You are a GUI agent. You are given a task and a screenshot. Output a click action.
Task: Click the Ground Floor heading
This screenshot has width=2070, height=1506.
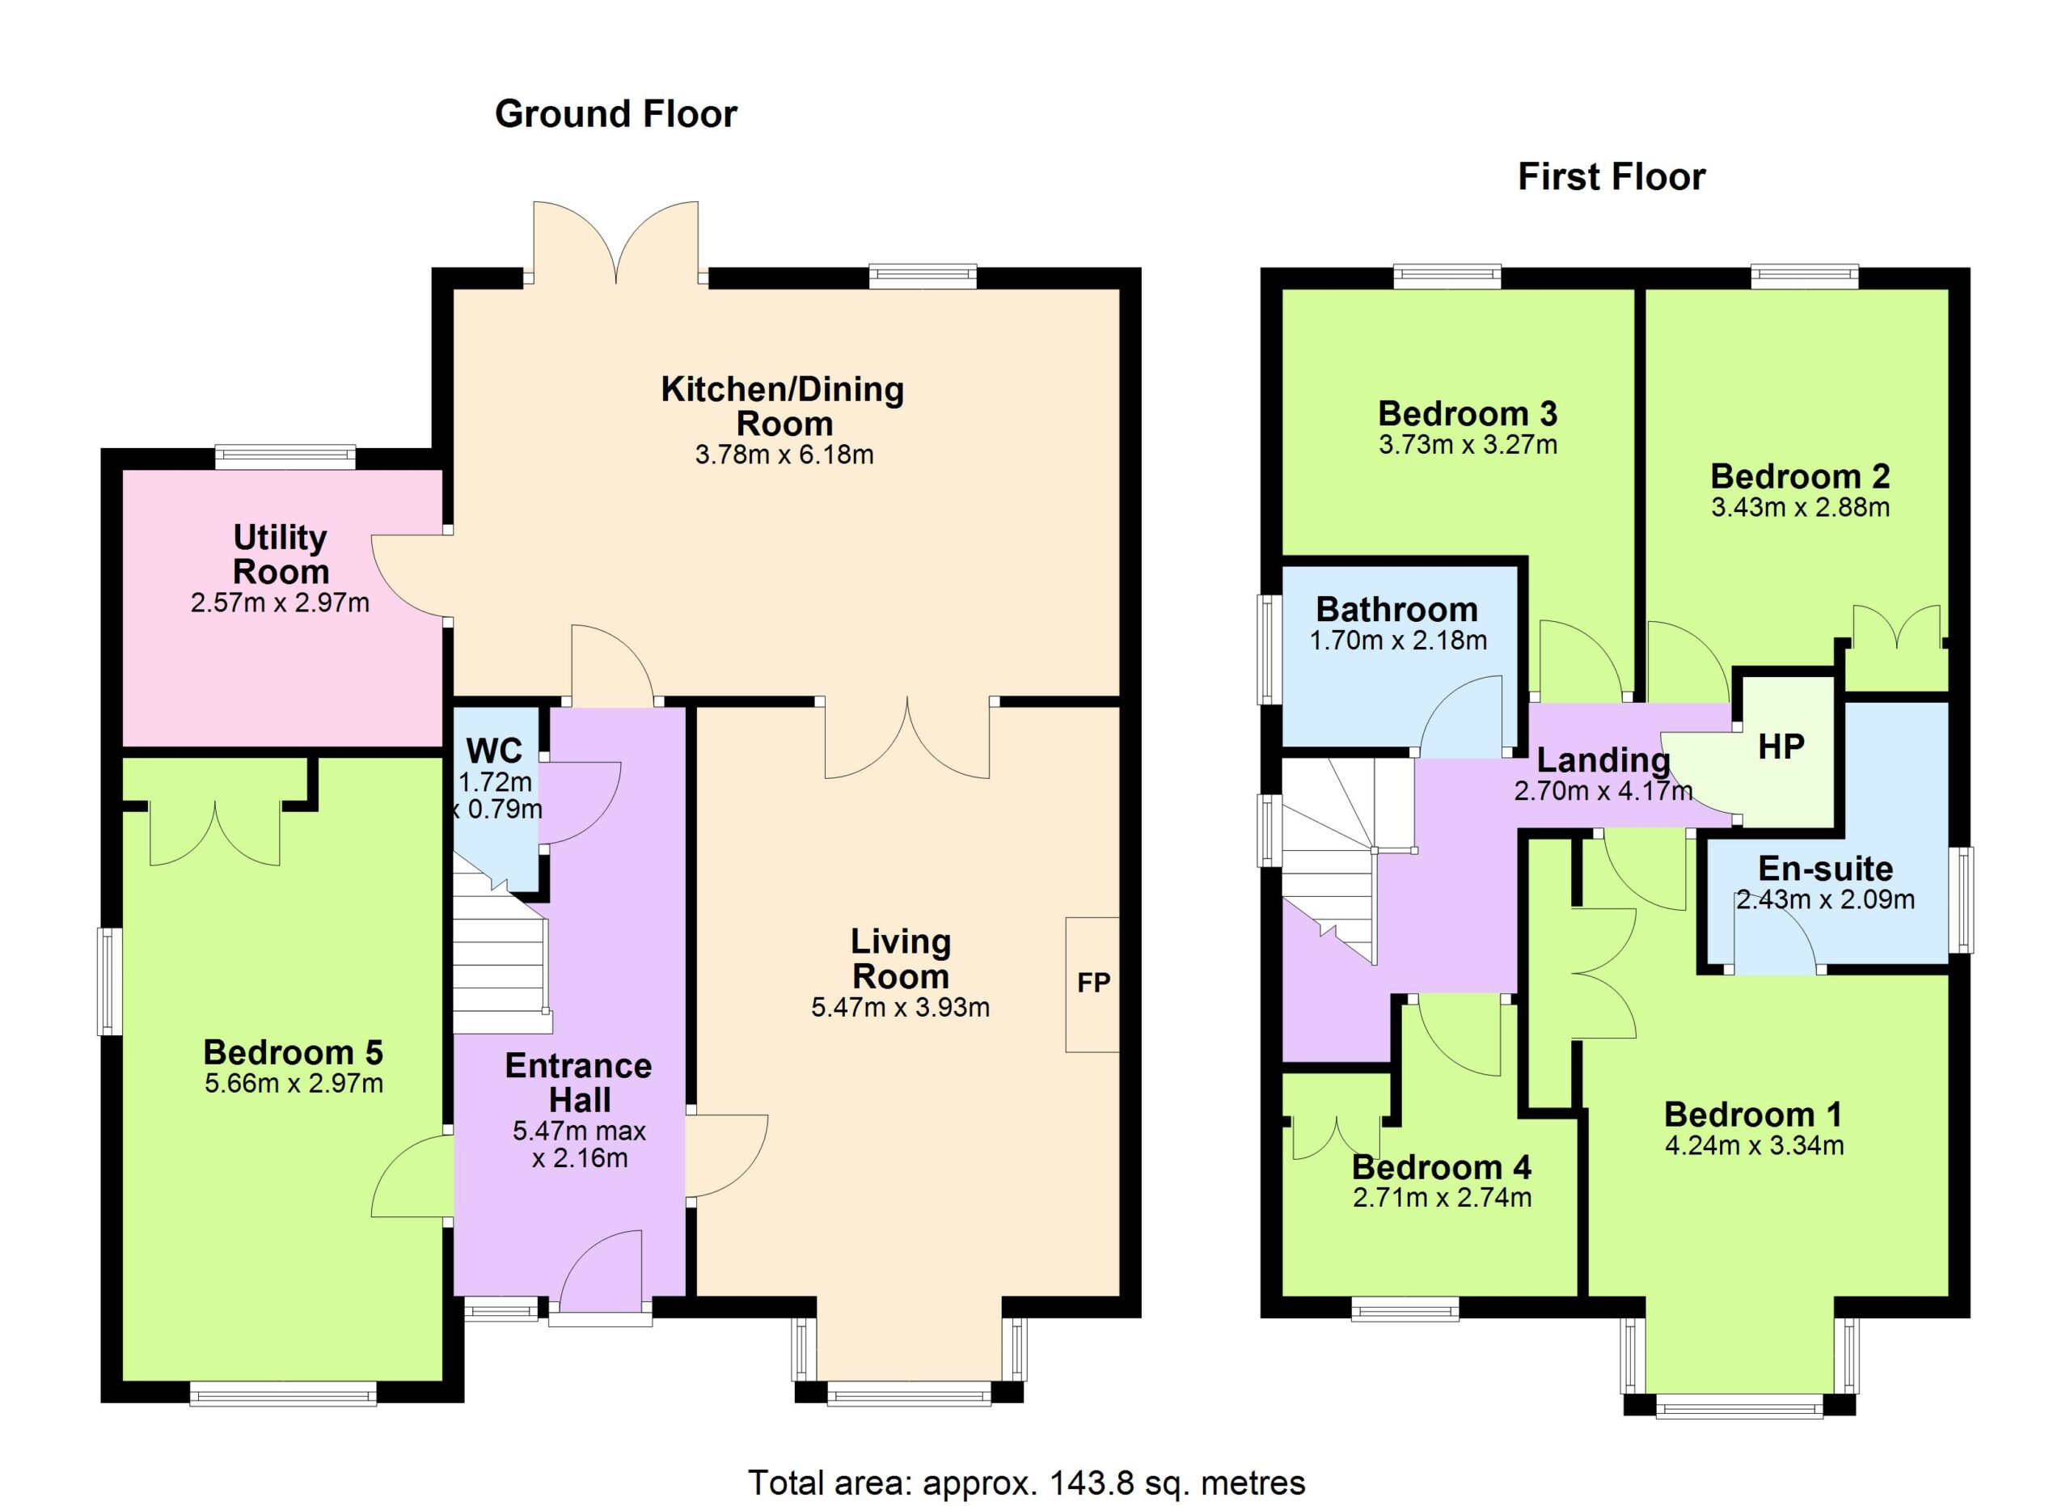click(x=616, y=114)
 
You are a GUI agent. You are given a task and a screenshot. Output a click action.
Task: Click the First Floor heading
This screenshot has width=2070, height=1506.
click(x=1611, y=177)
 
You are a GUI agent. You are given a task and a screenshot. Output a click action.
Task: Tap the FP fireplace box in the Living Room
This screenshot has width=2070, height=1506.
click(x=1092, y=984)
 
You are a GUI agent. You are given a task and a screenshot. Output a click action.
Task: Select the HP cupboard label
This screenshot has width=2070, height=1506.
click(x=1781, y=747)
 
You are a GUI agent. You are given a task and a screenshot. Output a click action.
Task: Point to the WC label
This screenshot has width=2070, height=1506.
click(x=494, y=751)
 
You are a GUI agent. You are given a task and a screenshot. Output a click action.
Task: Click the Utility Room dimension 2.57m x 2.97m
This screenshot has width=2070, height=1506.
click(x=281, y=603)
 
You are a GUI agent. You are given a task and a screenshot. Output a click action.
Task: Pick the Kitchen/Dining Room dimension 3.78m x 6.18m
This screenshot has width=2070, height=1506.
click(x=784, y=455)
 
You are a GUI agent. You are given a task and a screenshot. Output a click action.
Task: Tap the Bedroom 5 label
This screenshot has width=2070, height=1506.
click(x=293, y=1052)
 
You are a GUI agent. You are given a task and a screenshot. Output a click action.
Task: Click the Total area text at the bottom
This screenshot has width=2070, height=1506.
click(x=1027, y=1483)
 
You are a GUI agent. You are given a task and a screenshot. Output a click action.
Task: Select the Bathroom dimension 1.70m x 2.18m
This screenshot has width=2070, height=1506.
click(x=1398, y=641)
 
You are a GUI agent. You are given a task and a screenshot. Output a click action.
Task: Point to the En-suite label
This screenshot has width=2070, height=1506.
click(x=1825, y=868)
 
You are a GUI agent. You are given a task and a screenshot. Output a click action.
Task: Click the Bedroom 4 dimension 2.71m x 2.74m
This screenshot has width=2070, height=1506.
click(x=1442, y=1198)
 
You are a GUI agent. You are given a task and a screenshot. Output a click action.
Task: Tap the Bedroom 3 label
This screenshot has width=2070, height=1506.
click(x=1468, y=413)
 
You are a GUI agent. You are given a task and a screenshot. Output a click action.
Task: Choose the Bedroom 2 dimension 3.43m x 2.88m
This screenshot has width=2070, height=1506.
click(x=1800, y=507)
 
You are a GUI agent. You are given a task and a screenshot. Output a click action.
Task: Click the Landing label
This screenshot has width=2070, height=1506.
click(x=1603, y=759)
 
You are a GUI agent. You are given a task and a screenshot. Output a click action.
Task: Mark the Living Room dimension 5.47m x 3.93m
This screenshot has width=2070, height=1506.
click(x=901, y=1008)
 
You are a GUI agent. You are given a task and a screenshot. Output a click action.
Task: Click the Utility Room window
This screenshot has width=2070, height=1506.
click(x=285, y=456)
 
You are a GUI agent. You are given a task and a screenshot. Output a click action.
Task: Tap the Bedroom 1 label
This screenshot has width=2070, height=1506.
click(x=1753, y=1115)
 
